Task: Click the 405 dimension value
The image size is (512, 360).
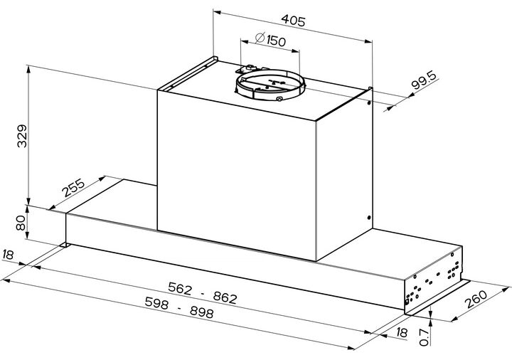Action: (x=293, y=20)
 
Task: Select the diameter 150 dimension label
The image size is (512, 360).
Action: (x=270, y=40)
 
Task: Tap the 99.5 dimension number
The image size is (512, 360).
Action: (x=424, y=80)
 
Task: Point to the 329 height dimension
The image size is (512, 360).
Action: (x=22, y=136)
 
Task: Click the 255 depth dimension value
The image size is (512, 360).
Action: (x=74, y=188)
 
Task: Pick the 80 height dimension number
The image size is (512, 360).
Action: (x=21, y=223)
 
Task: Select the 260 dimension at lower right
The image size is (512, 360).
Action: (x=476, y=299)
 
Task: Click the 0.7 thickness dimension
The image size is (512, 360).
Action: (x=424, y=337)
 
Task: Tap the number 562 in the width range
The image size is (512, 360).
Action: (x=180, y=288)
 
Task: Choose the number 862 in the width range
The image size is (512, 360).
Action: (x=225, y=297)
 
